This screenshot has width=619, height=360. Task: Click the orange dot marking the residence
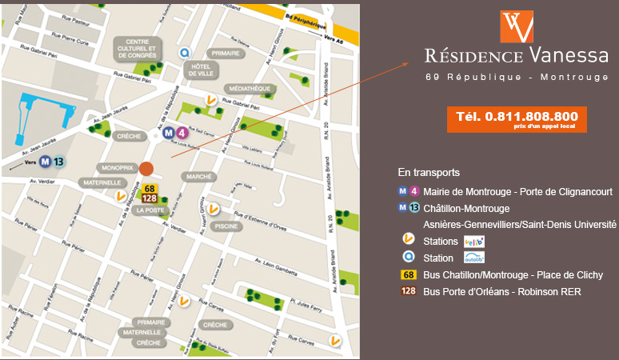point(146,168)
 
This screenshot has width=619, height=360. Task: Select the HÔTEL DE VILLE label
point(202,70)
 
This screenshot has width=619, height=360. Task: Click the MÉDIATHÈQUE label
point(250,88)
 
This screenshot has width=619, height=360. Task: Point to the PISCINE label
point(226,226)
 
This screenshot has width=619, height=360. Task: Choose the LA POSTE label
point(150,210)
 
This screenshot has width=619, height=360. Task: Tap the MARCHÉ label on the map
point(198,176)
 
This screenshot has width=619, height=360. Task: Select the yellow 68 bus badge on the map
point(150,189)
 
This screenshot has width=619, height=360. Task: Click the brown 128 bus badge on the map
point(150,198)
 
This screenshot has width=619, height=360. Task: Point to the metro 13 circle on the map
point(58,161)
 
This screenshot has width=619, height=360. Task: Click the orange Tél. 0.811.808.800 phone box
point(517,118)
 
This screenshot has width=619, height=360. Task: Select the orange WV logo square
point(517,26)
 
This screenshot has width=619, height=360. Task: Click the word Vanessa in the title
point(568,55)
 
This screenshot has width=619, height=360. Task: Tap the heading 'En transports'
point(429,172)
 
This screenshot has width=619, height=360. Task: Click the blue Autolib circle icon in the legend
point(408,258)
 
